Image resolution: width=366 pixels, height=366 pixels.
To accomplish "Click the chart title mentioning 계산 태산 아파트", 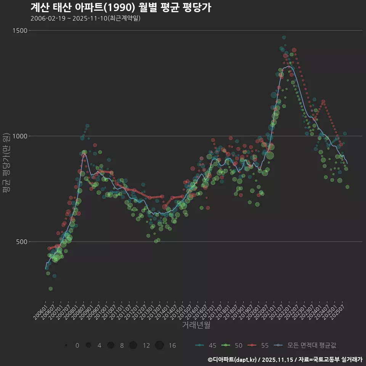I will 120,8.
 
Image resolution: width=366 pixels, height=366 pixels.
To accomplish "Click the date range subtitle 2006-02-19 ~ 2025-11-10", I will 85,18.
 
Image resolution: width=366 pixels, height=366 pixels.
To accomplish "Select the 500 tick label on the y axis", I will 22,242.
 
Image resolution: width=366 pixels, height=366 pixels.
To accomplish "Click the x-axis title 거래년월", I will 196,325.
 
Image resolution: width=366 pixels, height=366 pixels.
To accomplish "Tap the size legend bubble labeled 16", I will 159,345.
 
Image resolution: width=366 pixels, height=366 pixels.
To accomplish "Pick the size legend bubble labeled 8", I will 111,345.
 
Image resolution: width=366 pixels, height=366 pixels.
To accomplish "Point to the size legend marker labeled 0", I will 66,345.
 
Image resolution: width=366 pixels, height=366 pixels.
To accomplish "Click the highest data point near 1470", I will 284,37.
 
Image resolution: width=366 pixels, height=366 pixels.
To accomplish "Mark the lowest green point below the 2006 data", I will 51,289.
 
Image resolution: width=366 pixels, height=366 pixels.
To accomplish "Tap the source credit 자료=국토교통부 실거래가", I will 330,360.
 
